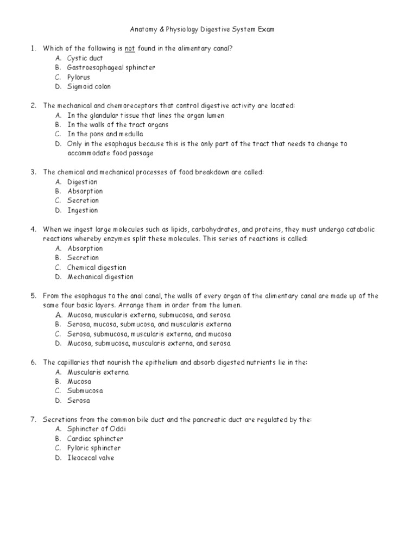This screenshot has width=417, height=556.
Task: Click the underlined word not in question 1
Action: [x=129, y=49]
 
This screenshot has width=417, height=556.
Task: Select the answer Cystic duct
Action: [x=85, y=58]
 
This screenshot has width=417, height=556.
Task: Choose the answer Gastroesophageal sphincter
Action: [x=111, y=68]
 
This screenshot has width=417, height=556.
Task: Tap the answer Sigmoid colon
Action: [x=89, y=87]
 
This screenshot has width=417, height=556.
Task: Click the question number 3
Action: [x=33, y=172]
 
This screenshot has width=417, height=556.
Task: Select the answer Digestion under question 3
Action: [x=83, y=182]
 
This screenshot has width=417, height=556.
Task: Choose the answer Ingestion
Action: [x=83, y=210]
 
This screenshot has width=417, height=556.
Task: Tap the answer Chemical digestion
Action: [x=97, y=267]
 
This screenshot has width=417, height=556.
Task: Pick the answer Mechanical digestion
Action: [x=100, y=277]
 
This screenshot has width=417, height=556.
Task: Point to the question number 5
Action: [x=33, y=296]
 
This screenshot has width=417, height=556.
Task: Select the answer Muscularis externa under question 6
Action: [x=98, y=372]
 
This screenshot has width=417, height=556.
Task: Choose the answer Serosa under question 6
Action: [x=79, y=401]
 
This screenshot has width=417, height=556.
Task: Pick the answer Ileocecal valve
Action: [x=91, y=458]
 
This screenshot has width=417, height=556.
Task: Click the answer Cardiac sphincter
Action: [x=95, y=439]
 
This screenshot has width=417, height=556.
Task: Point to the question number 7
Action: [x=33, y=420]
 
